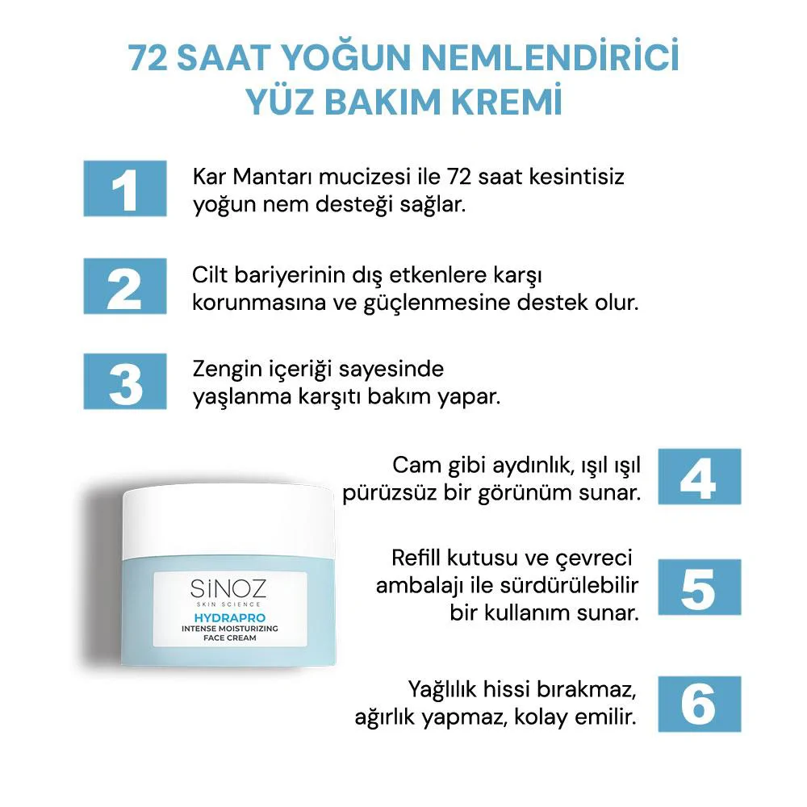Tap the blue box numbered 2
click(124, 286)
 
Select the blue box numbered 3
click(124, 380)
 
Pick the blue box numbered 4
click(699, 476)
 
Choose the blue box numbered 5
click(699, 587)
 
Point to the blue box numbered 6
click(699, 703)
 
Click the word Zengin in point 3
click(227, 370)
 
